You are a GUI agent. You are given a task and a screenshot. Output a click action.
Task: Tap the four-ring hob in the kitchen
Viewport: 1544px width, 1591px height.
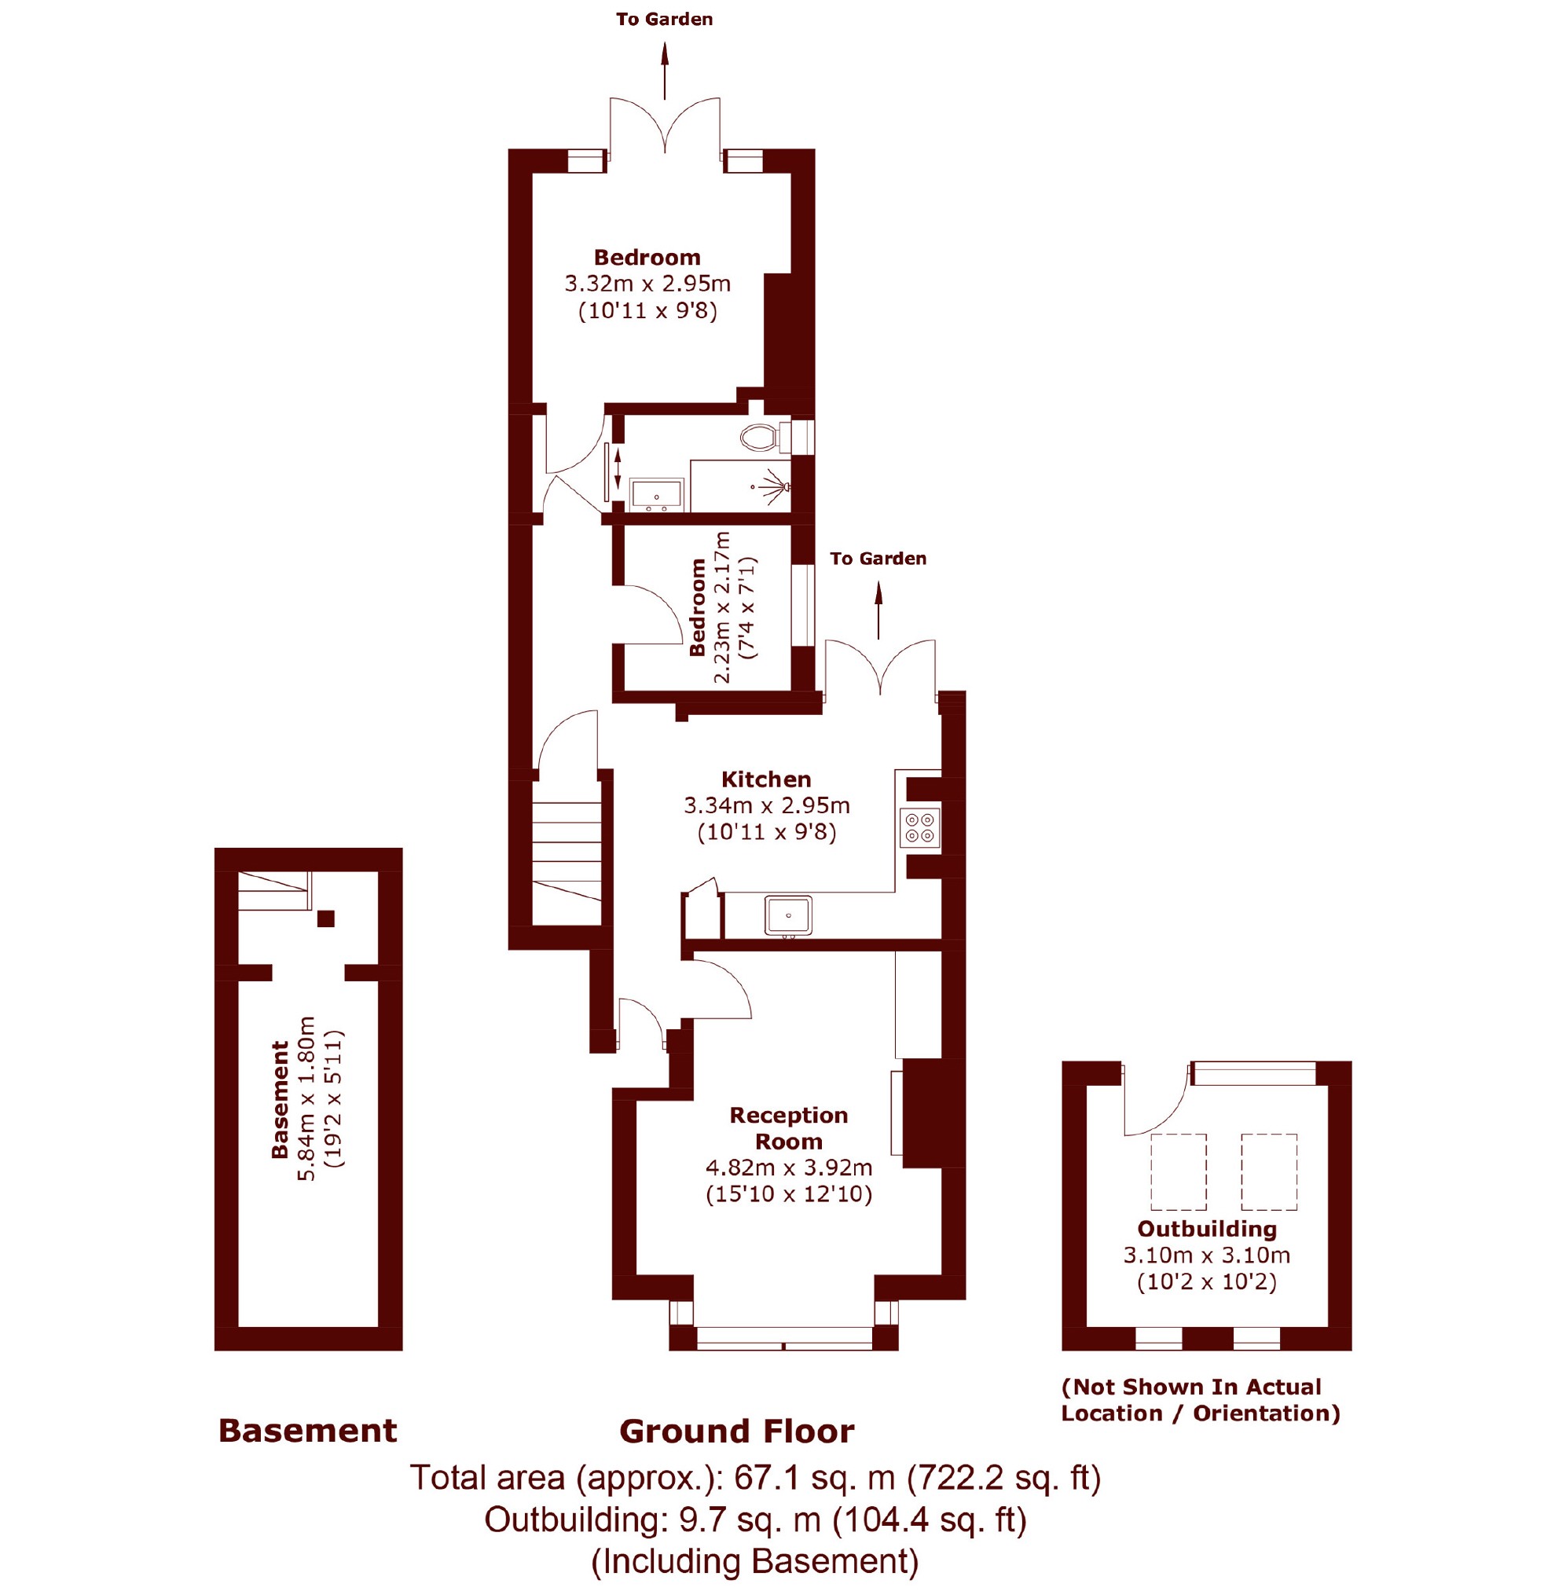(920, 827)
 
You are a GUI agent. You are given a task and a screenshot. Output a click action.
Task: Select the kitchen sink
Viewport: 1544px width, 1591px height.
(787, 915)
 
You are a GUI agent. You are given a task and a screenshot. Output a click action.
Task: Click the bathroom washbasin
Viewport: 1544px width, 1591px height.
(657, 494)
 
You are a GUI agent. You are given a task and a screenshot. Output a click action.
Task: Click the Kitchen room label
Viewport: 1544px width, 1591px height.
(766, 779)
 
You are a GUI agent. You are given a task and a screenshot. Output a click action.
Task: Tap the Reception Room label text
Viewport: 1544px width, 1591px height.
(788, 1127)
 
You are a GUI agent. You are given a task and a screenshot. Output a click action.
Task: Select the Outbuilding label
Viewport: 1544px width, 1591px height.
(1206, 1229)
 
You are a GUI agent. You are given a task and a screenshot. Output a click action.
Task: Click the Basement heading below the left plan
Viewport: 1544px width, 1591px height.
(308, 1430)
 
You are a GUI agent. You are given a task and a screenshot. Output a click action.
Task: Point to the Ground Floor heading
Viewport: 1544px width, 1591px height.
(736, 1431)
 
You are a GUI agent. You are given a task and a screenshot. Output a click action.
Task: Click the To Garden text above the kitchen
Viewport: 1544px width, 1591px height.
(878, 559)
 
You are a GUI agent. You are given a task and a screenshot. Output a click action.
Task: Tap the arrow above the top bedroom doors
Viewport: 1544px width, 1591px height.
(665, 71)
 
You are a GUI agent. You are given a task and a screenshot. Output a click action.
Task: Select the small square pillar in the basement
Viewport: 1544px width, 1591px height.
(325, 919)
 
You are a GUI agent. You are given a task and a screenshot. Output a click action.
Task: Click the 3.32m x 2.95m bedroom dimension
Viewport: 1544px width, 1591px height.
(647, 284)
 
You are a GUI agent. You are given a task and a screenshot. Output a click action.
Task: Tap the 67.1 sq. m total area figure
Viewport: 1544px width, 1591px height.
(814, 1477)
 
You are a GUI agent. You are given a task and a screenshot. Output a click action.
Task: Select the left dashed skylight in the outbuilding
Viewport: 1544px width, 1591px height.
(1178, 1172)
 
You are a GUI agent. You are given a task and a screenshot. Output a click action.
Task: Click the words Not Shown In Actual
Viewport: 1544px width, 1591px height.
(1191, 1388)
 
